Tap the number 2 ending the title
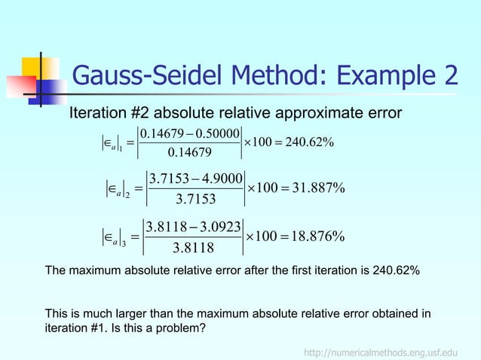448,76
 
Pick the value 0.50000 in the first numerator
212,134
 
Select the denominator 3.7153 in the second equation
195,200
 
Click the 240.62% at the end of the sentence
395,270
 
